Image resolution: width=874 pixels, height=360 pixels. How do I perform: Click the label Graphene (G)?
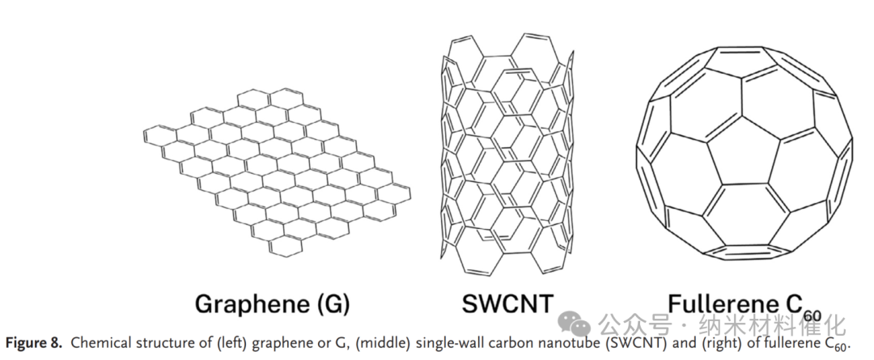pos(272,303)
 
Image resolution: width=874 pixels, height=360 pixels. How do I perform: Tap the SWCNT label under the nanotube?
pos(507,303)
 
